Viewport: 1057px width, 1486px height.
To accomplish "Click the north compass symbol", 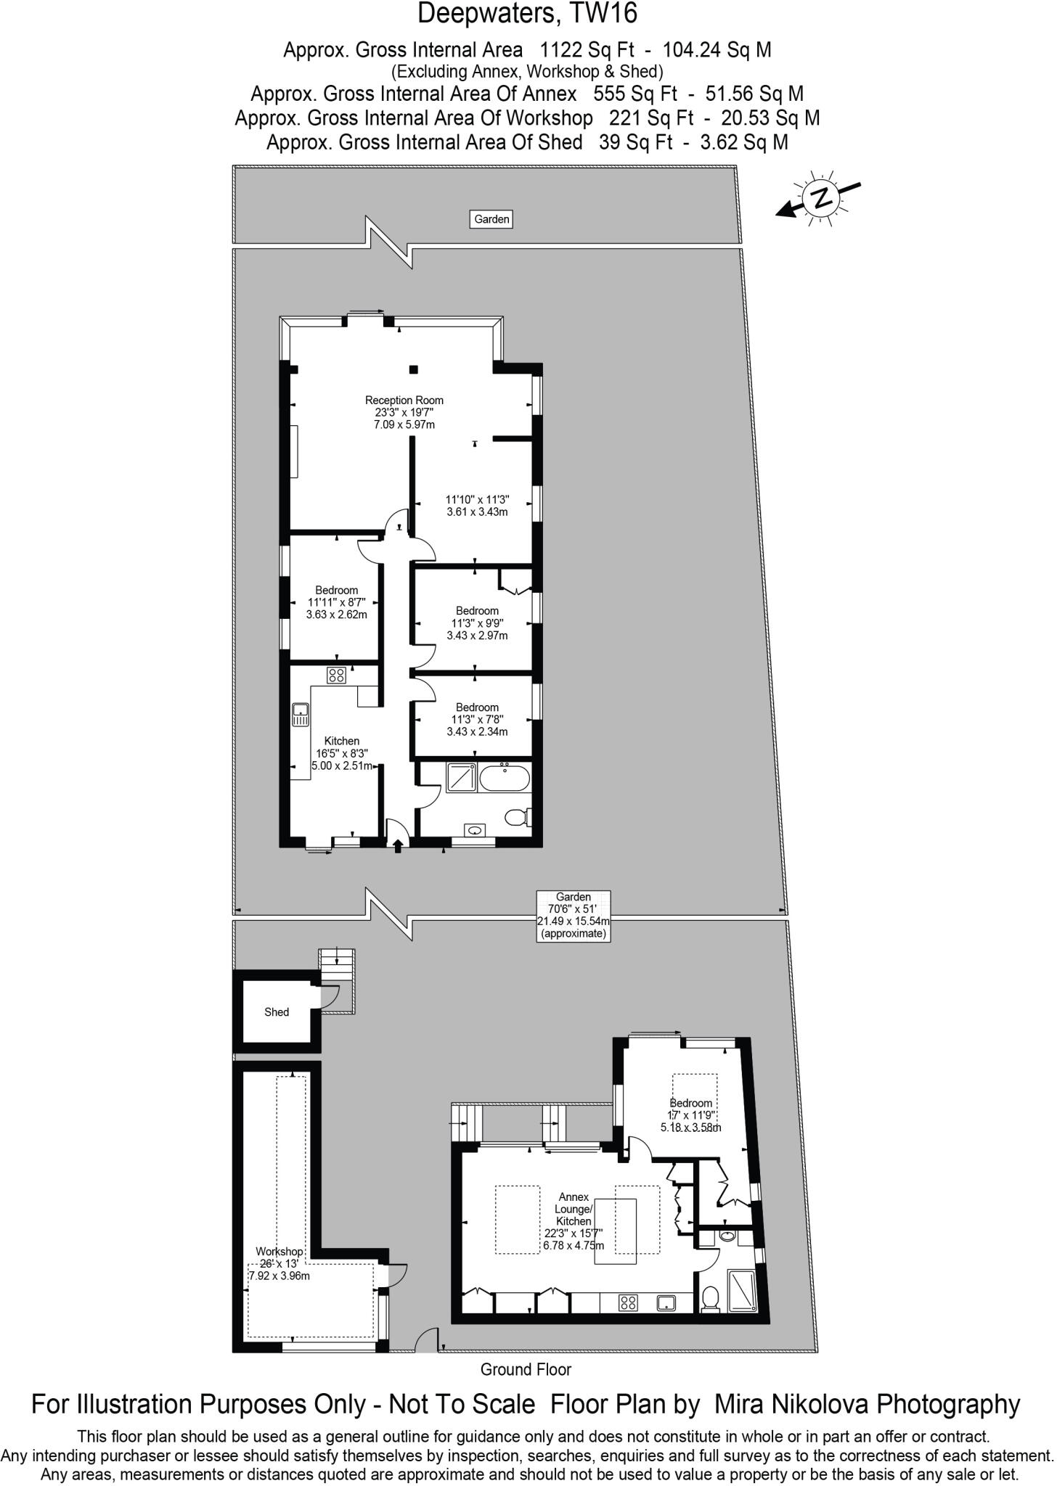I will [820, 197].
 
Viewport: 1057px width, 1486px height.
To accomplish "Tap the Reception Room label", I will [404, 412].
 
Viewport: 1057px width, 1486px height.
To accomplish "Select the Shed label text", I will [277, 1012].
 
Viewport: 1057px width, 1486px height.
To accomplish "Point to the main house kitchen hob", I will [336, 676].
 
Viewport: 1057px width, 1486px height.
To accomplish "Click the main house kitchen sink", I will [301, 714].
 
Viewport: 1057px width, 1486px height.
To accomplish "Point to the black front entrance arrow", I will [397, 845].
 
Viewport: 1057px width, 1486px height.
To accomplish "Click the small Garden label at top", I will [491, 219].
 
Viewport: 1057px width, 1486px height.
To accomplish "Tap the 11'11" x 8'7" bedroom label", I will [336, 602].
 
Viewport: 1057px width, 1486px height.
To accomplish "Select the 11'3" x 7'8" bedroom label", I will [477, 719].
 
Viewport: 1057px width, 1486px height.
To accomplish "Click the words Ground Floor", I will [526, 1370].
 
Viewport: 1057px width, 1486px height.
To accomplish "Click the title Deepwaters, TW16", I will [528, 15].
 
